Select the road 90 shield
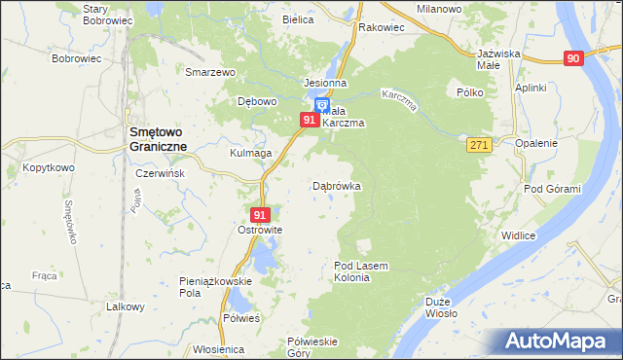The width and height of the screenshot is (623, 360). [x=572, y=59]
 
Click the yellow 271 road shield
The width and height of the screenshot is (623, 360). [x=477, y=144]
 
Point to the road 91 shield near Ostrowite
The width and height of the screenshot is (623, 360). [x=259, y=215]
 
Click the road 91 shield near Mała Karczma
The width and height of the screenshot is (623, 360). [x=309, y=120]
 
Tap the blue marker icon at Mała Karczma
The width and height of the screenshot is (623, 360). [x=322, y=106]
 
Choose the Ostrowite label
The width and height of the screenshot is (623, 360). [x=260, y=231]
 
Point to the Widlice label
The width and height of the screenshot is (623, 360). [x=519, y=234]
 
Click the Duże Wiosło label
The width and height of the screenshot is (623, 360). [x=441, y=307]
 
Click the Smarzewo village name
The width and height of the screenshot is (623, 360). [x=212, y=72]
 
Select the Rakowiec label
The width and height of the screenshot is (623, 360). [x=382, y=27]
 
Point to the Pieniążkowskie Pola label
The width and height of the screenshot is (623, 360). [x=216, y=286]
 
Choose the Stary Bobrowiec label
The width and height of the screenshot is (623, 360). [x=108, y=14]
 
